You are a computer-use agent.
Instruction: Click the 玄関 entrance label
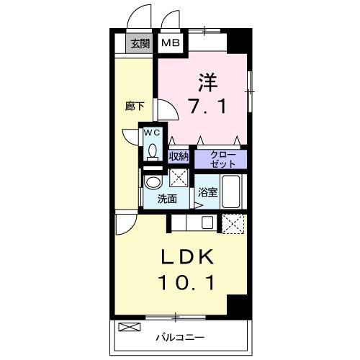(x=138, y=44)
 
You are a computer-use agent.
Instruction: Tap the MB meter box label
(x=170, y=43)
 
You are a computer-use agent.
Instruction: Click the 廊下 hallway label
(x=135, y=106)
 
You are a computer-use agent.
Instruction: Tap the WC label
(x=152, y=133)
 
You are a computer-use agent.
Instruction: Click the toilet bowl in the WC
(x=152, y=150)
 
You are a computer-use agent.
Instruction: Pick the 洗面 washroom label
(x=167, y=199)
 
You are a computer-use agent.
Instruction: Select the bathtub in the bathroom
(x=232, y=191)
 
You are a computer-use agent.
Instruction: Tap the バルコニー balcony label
(x=181, y=336)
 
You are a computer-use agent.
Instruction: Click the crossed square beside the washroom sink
(x=179, y=178)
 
